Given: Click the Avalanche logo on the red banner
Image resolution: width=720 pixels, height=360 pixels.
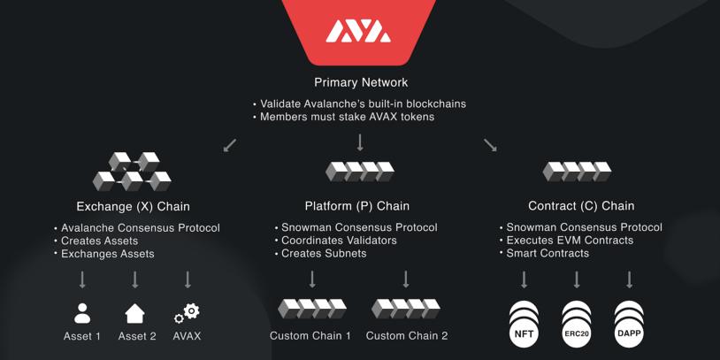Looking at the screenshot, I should [358, 33].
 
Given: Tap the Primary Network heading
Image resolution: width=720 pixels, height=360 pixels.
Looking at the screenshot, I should [361, 82].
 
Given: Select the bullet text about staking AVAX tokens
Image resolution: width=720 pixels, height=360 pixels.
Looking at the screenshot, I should [347, 117].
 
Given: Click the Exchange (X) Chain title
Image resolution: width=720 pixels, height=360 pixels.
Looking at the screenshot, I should [134, 206].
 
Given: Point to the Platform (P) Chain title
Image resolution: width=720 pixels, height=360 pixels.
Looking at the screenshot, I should [357, 206].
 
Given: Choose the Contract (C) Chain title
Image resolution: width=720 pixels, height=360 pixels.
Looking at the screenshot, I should [581, 206].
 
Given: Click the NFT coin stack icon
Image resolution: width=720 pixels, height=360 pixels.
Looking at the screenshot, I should [525, 324].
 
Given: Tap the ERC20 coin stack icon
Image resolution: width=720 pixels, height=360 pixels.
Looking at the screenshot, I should [577, 324].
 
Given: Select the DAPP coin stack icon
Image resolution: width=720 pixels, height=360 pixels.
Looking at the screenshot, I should [629, 324].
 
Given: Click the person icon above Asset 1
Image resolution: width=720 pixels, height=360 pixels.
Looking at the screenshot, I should [82, 313].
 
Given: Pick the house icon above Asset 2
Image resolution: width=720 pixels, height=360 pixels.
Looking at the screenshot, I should [134, 313].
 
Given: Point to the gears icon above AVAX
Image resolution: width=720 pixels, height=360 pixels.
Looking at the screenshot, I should [188, 313].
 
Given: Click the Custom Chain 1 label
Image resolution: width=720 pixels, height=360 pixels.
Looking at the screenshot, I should [310, 336].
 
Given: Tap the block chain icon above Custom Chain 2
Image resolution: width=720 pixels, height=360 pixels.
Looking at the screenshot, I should [406, 309].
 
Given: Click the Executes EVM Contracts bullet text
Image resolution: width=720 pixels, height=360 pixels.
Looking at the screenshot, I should [570, 241].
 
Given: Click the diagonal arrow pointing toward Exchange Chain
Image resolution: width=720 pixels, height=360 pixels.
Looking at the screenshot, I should [230, 144].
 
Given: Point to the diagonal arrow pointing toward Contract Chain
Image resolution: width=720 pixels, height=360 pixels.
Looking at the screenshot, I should [490, 144].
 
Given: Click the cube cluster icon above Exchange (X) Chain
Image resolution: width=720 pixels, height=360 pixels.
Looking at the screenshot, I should [132, 172].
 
